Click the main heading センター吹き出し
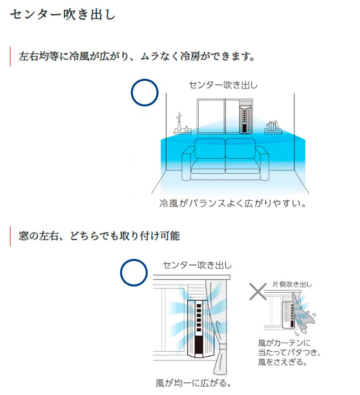click(x=63, y=14)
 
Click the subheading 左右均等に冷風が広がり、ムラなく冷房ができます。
click(x=136, y=57)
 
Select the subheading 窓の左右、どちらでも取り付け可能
click(x=99, y=236)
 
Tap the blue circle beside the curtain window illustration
click(x=134, y=272)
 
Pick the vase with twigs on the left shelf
click(x=179, y=123)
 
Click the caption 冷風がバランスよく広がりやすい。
click(x=233, y=204)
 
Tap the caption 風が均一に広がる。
click(x=193, y=382)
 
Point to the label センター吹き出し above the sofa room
click(x=223, y=85)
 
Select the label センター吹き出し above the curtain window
click(x=197, y=266)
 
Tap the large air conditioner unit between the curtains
click(x=200, y=329)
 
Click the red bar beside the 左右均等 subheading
click(x=11, y=57)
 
